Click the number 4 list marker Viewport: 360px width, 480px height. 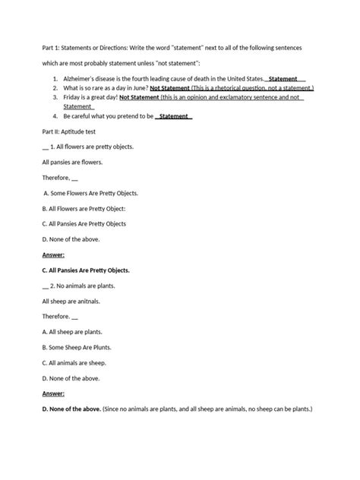pyautogui.click(x=55, y=116)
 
